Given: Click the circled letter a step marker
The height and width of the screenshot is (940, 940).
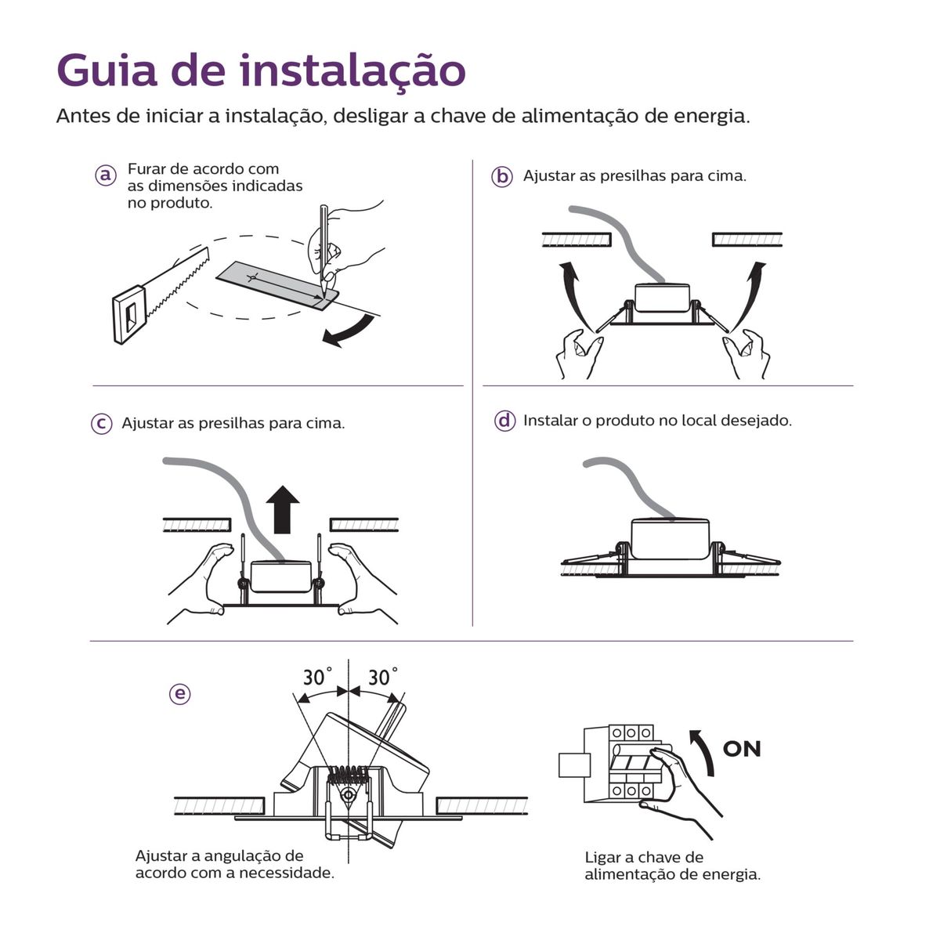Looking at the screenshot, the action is click(x=106, y=175).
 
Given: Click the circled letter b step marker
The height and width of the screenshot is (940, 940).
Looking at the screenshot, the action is click(x=501, y=176).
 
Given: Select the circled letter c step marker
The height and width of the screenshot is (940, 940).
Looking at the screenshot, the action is click(x=102, y=423).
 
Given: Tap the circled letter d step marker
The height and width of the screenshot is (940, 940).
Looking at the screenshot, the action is click(x=504, y=421).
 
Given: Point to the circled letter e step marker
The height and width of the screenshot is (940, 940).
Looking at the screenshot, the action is click(x=179, y=694).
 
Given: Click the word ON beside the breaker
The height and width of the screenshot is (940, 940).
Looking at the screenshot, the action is click(x=742, y=749).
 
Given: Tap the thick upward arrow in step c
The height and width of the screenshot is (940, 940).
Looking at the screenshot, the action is click(x=283, y=509).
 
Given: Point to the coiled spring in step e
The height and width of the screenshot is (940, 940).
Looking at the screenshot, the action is click(x=347, y=775).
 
